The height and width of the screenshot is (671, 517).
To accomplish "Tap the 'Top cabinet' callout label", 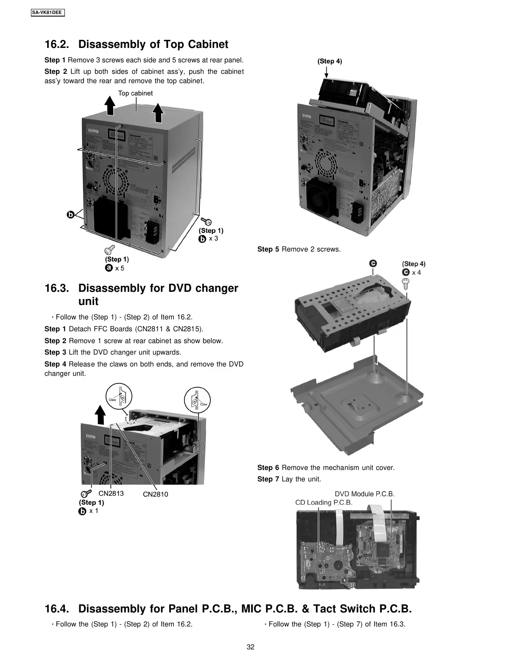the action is pos(135,93).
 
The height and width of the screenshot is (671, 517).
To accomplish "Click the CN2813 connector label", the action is pos(111,493).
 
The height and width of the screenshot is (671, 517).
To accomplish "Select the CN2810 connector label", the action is pos(155,494).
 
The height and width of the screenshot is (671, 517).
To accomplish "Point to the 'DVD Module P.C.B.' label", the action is pos(364,494).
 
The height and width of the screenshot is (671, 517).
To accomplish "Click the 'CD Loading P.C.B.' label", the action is pos(324,503).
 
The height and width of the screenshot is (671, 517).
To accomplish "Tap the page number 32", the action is pos(251,647).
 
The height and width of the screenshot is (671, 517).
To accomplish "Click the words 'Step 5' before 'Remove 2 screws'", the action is pos(268,249).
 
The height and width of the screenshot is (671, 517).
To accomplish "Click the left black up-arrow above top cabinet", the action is pos(109,105).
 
